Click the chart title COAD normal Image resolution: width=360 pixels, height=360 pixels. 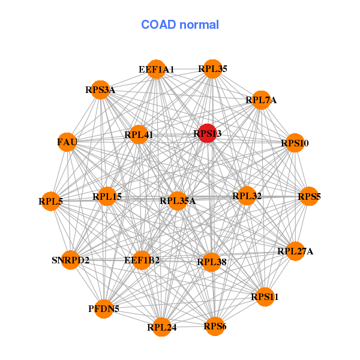180,25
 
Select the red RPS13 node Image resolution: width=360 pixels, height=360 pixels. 207,134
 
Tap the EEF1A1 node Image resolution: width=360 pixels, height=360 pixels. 156,69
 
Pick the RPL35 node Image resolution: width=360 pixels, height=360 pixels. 212,69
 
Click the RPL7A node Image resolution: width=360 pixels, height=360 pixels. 261,100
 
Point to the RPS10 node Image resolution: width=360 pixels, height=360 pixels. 295,143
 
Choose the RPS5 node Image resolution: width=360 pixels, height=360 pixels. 309,196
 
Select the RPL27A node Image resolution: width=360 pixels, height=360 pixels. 295,251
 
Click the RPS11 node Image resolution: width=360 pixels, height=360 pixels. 265,296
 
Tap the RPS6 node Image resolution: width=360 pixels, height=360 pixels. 215,326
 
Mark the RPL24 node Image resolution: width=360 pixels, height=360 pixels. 161,328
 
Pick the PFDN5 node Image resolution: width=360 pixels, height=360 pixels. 104,309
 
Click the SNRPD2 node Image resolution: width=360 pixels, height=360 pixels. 71,260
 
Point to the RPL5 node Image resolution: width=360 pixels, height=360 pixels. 51,202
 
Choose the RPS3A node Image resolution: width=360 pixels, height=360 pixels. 100,90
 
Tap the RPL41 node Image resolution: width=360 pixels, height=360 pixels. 139,134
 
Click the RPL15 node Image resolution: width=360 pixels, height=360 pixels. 107,196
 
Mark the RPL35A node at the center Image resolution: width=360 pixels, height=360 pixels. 178,200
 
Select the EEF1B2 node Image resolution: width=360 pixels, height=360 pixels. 142,260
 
